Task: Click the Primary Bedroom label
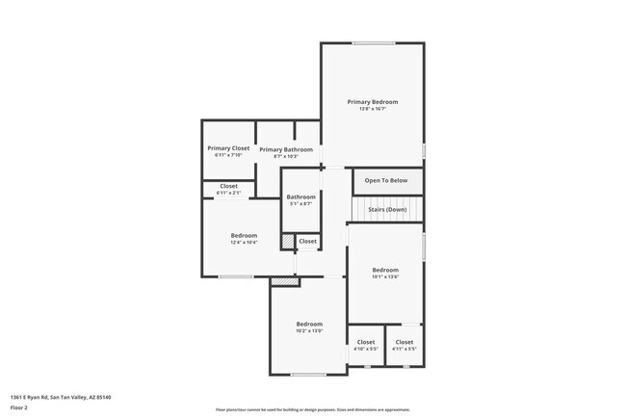coord(372,101)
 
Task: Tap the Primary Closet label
coord(228,148)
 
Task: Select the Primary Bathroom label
coord(286,149)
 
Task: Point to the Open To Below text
coord(386,180)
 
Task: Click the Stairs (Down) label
coord(387,209)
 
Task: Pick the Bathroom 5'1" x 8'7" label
coord(300,196)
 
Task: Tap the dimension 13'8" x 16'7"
coord(372,108)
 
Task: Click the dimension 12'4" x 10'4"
coord(244,243)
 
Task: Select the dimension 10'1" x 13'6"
coord(385,276)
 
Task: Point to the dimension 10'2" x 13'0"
coord(309,330)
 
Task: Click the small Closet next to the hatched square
coord(307,241)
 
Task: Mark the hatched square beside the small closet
coord(287,241)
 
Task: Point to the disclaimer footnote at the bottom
coord(312,408)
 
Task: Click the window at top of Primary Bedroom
coord(373,42)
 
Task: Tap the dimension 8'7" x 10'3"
coord(286,156)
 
